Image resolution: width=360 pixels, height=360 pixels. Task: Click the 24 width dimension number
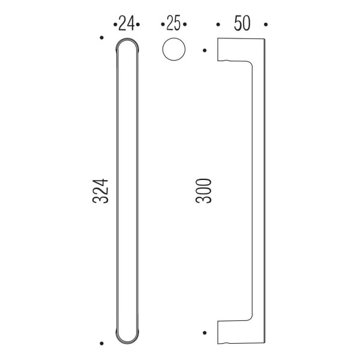pyautogui.click(x=126, y=24)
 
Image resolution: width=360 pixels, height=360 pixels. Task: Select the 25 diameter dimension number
pyautogui.click(x=173, y=24)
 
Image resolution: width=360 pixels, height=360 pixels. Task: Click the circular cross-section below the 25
pyautogui.click(x=173, y=49)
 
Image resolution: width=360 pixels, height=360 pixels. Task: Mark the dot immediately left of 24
pyautogui.click(x=115, y=25)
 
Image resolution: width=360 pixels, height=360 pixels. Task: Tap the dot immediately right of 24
pyautogui.click(x=137, y=25)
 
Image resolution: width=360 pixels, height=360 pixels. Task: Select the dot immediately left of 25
pyautogui.click(x=162, y=25)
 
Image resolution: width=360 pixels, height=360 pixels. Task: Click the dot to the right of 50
pyautogui.click(x=264, y=25)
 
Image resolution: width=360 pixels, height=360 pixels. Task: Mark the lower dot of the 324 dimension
pyautogui.click(x=102, y=344)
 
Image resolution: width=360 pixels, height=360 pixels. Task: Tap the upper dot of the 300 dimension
pyautogui.click(x=205, y=50)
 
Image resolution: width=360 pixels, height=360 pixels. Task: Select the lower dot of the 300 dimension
pyautogui.click(x=205, y=332)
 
